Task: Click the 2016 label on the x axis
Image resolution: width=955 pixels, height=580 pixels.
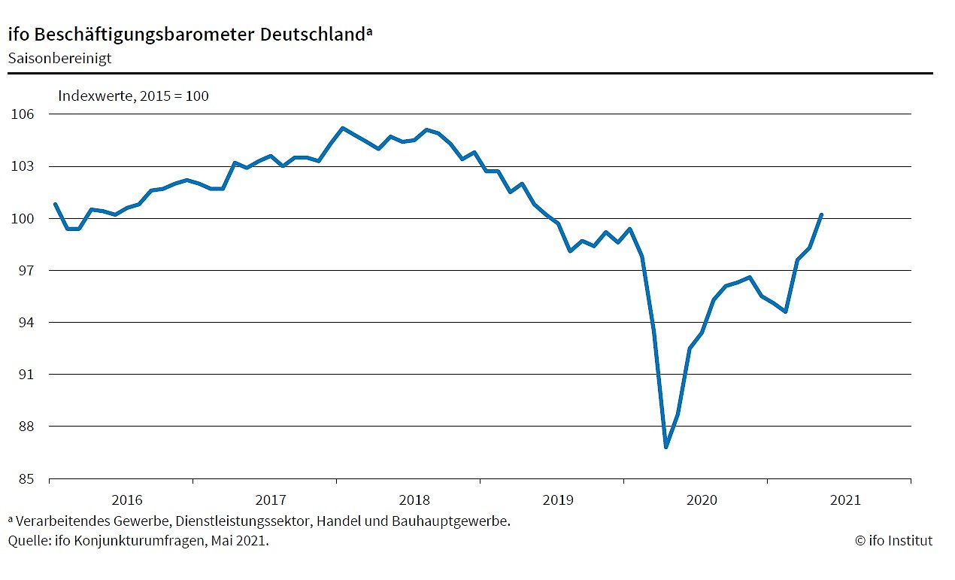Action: tap(127, 500)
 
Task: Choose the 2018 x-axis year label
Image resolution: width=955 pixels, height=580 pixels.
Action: tap(414, 500)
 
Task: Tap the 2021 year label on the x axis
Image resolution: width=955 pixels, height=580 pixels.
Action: tap(845, 500)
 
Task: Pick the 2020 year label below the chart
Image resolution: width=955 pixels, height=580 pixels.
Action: tap(702, 500)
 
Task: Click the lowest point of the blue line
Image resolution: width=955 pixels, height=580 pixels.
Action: tap(666, 447)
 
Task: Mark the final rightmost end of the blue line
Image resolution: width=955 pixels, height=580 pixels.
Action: tap(822, 214)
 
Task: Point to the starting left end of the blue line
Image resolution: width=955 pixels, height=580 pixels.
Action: tap(55, 204)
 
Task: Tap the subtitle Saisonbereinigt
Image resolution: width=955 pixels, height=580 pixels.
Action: tap(59, 58)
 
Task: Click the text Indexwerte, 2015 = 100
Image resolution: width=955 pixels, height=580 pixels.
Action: tap(134, 96)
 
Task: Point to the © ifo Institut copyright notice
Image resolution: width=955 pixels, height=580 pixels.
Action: tap(893, 540)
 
